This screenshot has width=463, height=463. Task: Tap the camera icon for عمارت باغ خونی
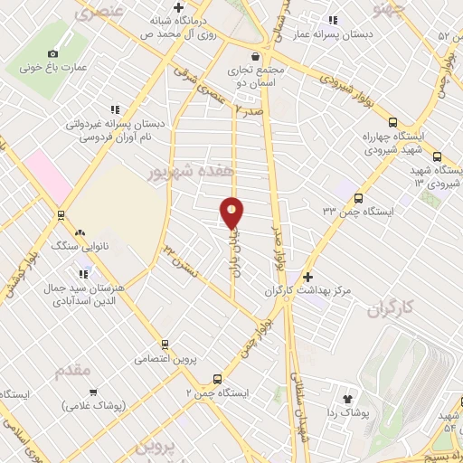coord(52,54)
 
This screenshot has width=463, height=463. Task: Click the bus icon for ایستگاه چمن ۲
coord(216,379)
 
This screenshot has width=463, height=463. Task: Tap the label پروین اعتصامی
coord(164,359)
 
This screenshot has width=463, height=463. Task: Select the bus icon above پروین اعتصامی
coord(165,344)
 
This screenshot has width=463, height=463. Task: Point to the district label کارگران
coord(390,309)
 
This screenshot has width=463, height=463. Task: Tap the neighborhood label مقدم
coord(72,371)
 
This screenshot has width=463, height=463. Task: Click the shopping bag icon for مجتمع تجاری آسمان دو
coord(255,55)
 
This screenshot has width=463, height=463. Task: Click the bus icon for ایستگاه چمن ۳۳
coord(359,199)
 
